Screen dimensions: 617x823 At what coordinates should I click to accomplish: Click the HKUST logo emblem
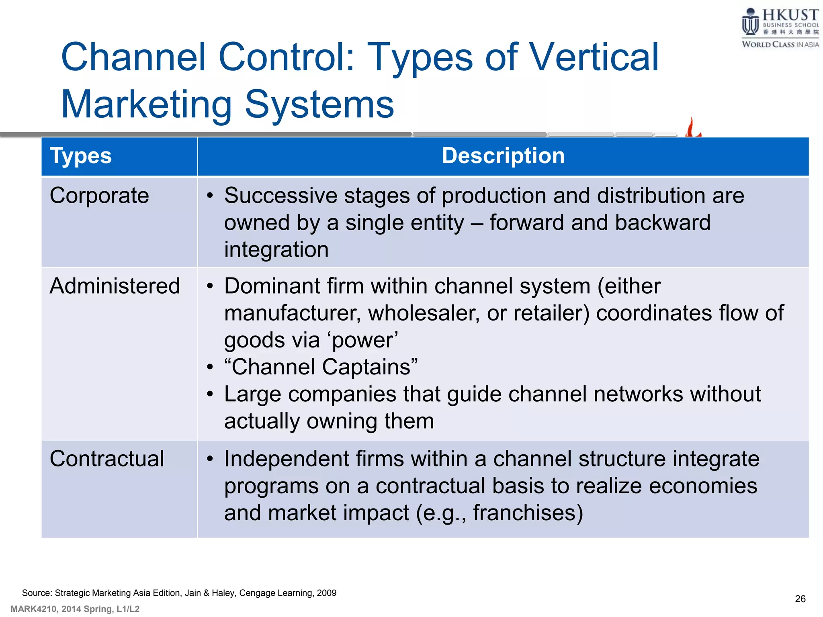click(x=750, y=22)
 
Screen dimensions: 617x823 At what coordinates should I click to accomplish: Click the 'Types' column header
click(x=80, y=156)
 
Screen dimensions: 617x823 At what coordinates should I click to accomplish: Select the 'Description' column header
click(x=503, y=156)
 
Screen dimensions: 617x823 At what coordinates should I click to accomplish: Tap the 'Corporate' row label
click(x=99, y=196)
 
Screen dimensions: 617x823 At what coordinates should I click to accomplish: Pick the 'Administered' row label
click(x=115, y=286)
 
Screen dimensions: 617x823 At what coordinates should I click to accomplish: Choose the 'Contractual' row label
click(x=106, y=459)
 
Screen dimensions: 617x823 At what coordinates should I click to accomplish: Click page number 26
click(x=800, y=599)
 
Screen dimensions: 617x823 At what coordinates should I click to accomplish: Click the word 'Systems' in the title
click(x=319, y=104)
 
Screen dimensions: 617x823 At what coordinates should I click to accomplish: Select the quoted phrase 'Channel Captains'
click(x=321, y=367)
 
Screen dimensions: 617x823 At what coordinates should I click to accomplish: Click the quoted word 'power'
click(x=363, y=340)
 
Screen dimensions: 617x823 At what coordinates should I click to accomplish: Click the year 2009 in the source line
click(x=326, y=593)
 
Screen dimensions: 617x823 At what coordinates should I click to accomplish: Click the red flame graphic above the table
click(x=692, y=128)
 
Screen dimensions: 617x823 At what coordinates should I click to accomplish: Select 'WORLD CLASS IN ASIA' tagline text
click(x=780, y=45)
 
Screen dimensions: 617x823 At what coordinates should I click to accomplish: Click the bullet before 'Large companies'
click(x=210, y=394)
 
